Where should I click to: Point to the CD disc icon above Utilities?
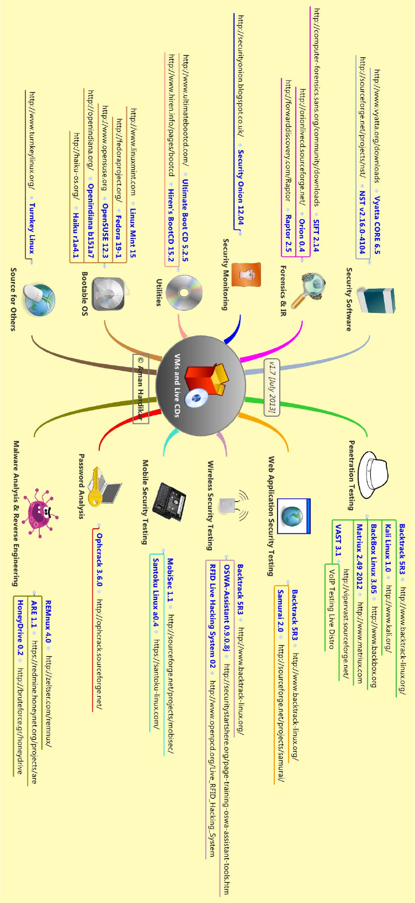(184, 292)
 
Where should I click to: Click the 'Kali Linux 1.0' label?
(389, 548)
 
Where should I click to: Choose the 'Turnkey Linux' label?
(31, 228)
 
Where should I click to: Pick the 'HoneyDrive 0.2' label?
(20, 628)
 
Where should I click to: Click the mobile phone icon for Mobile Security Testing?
(169, 501)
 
